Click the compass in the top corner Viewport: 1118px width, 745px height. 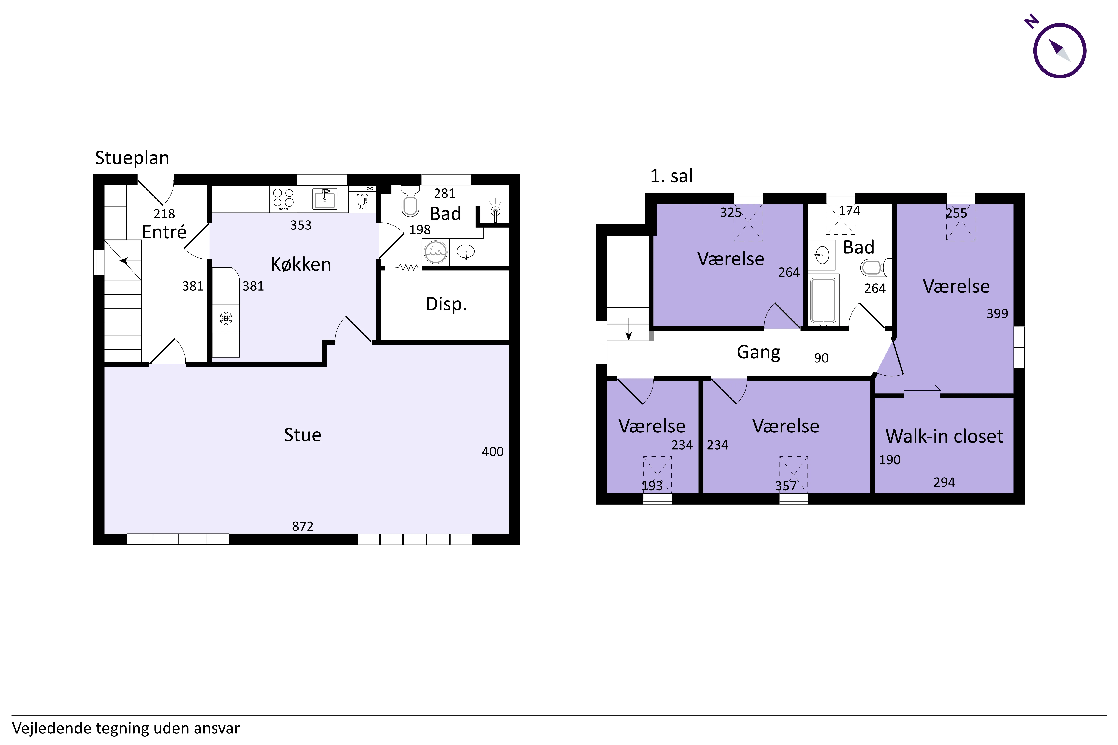(1059, 50)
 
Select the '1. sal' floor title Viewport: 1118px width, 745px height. (671, 176)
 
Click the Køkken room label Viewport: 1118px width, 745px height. (301, 264)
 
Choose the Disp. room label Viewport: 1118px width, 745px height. (446, 304)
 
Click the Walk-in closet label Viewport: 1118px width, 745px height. (944, 436)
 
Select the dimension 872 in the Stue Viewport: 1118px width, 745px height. (303, 526)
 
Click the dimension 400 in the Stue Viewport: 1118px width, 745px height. (492, 451)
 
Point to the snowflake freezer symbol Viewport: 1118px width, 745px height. (226, 318)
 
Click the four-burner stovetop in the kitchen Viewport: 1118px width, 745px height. (283, 199)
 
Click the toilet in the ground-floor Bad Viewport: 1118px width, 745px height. (410, 201)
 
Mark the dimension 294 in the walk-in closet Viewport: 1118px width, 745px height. (944, 482)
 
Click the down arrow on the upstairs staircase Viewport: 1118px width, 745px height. (628, 330)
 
